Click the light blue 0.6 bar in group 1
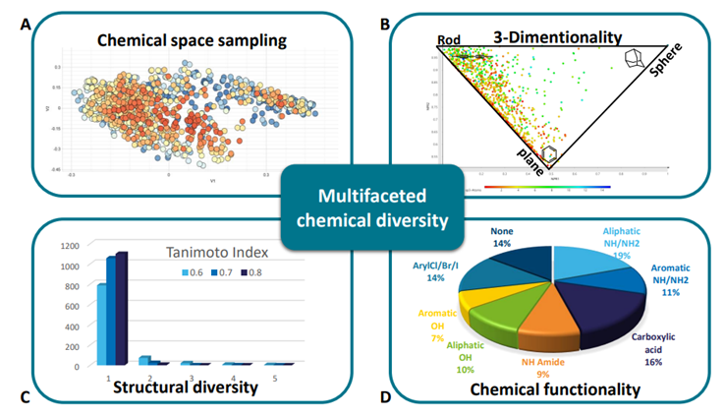point(100,325)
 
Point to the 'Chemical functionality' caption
point(557,389)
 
